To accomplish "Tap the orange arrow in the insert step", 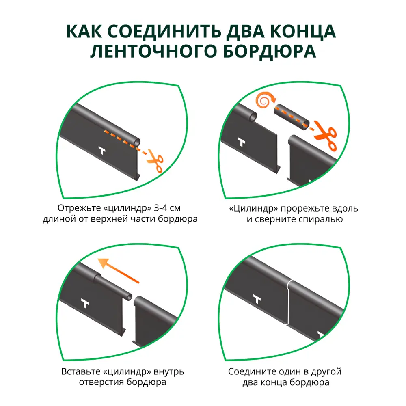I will pyautogui.click(x=120, y=271).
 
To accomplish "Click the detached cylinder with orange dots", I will pyautogui.click(x=293, y=116).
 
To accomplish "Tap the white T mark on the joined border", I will pyautogui.click(x=257, y=299).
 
